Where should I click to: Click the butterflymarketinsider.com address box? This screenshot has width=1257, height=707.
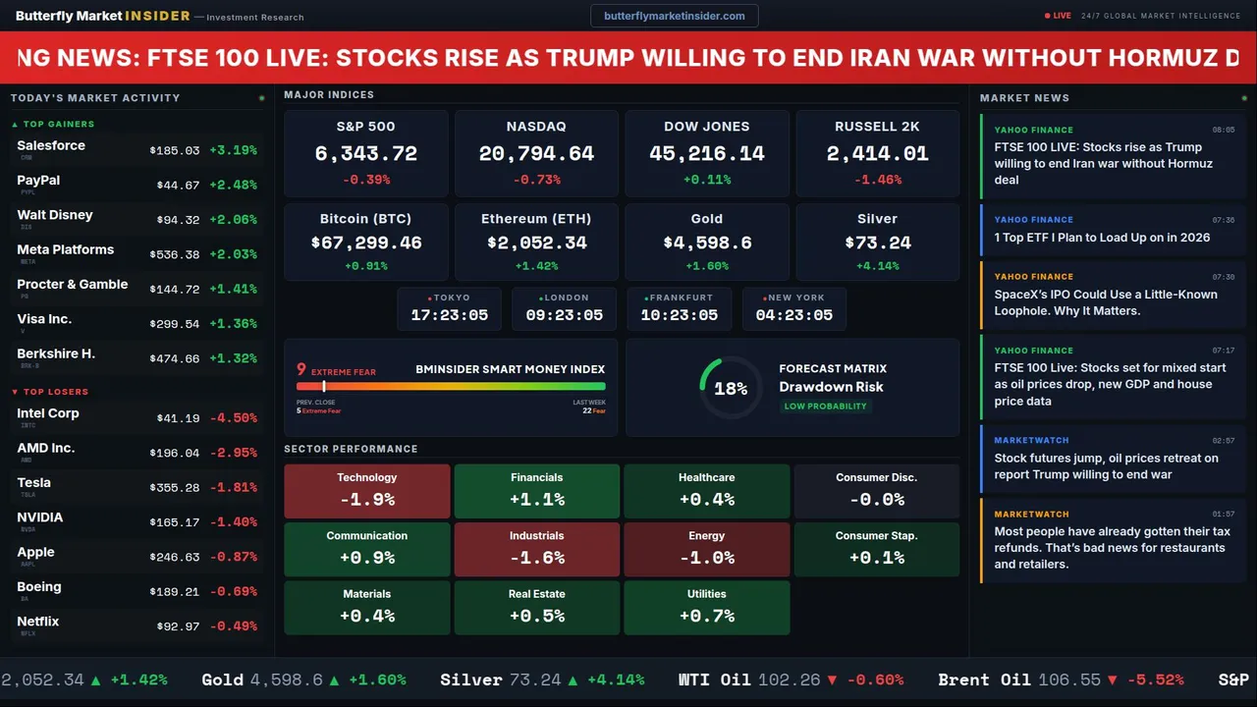[675, 16]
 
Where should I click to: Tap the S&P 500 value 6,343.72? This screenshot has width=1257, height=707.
[366, 154]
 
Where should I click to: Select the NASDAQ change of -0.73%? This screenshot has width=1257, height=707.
[536, 180]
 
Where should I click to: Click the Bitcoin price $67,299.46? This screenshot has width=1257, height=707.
[366, 243]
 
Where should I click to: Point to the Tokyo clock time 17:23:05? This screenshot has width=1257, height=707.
[449, 315]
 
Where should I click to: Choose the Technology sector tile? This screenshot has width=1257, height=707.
[366, 490]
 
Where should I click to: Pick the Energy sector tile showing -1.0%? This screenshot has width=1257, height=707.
[706, 548]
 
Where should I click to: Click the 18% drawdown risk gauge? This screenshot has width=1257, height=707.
[731, 388]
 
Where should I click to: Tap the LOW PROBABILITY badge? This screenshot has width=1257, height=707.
[825, 407]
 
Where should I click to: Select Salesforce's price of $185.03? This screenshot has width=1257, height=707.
[175, 151]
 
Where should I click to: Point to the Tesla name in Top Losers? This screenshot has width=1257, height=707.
[33, 483]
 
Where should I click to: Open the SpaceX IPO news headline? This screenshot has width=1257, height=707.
[1105, 302]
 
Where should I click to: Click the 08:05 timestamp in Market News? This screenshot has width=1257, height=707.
[1223, 130]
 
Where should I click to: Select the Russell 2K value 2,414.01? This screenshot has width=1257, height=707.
[877, 154]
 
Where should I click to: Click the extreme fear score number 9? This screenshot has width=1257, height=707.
[301, 370]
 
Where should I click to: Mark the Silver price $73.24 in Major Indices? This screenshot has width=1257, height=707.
[877, 243]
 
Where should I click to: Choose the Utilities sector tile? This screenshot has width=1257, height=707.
[706, 607]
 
